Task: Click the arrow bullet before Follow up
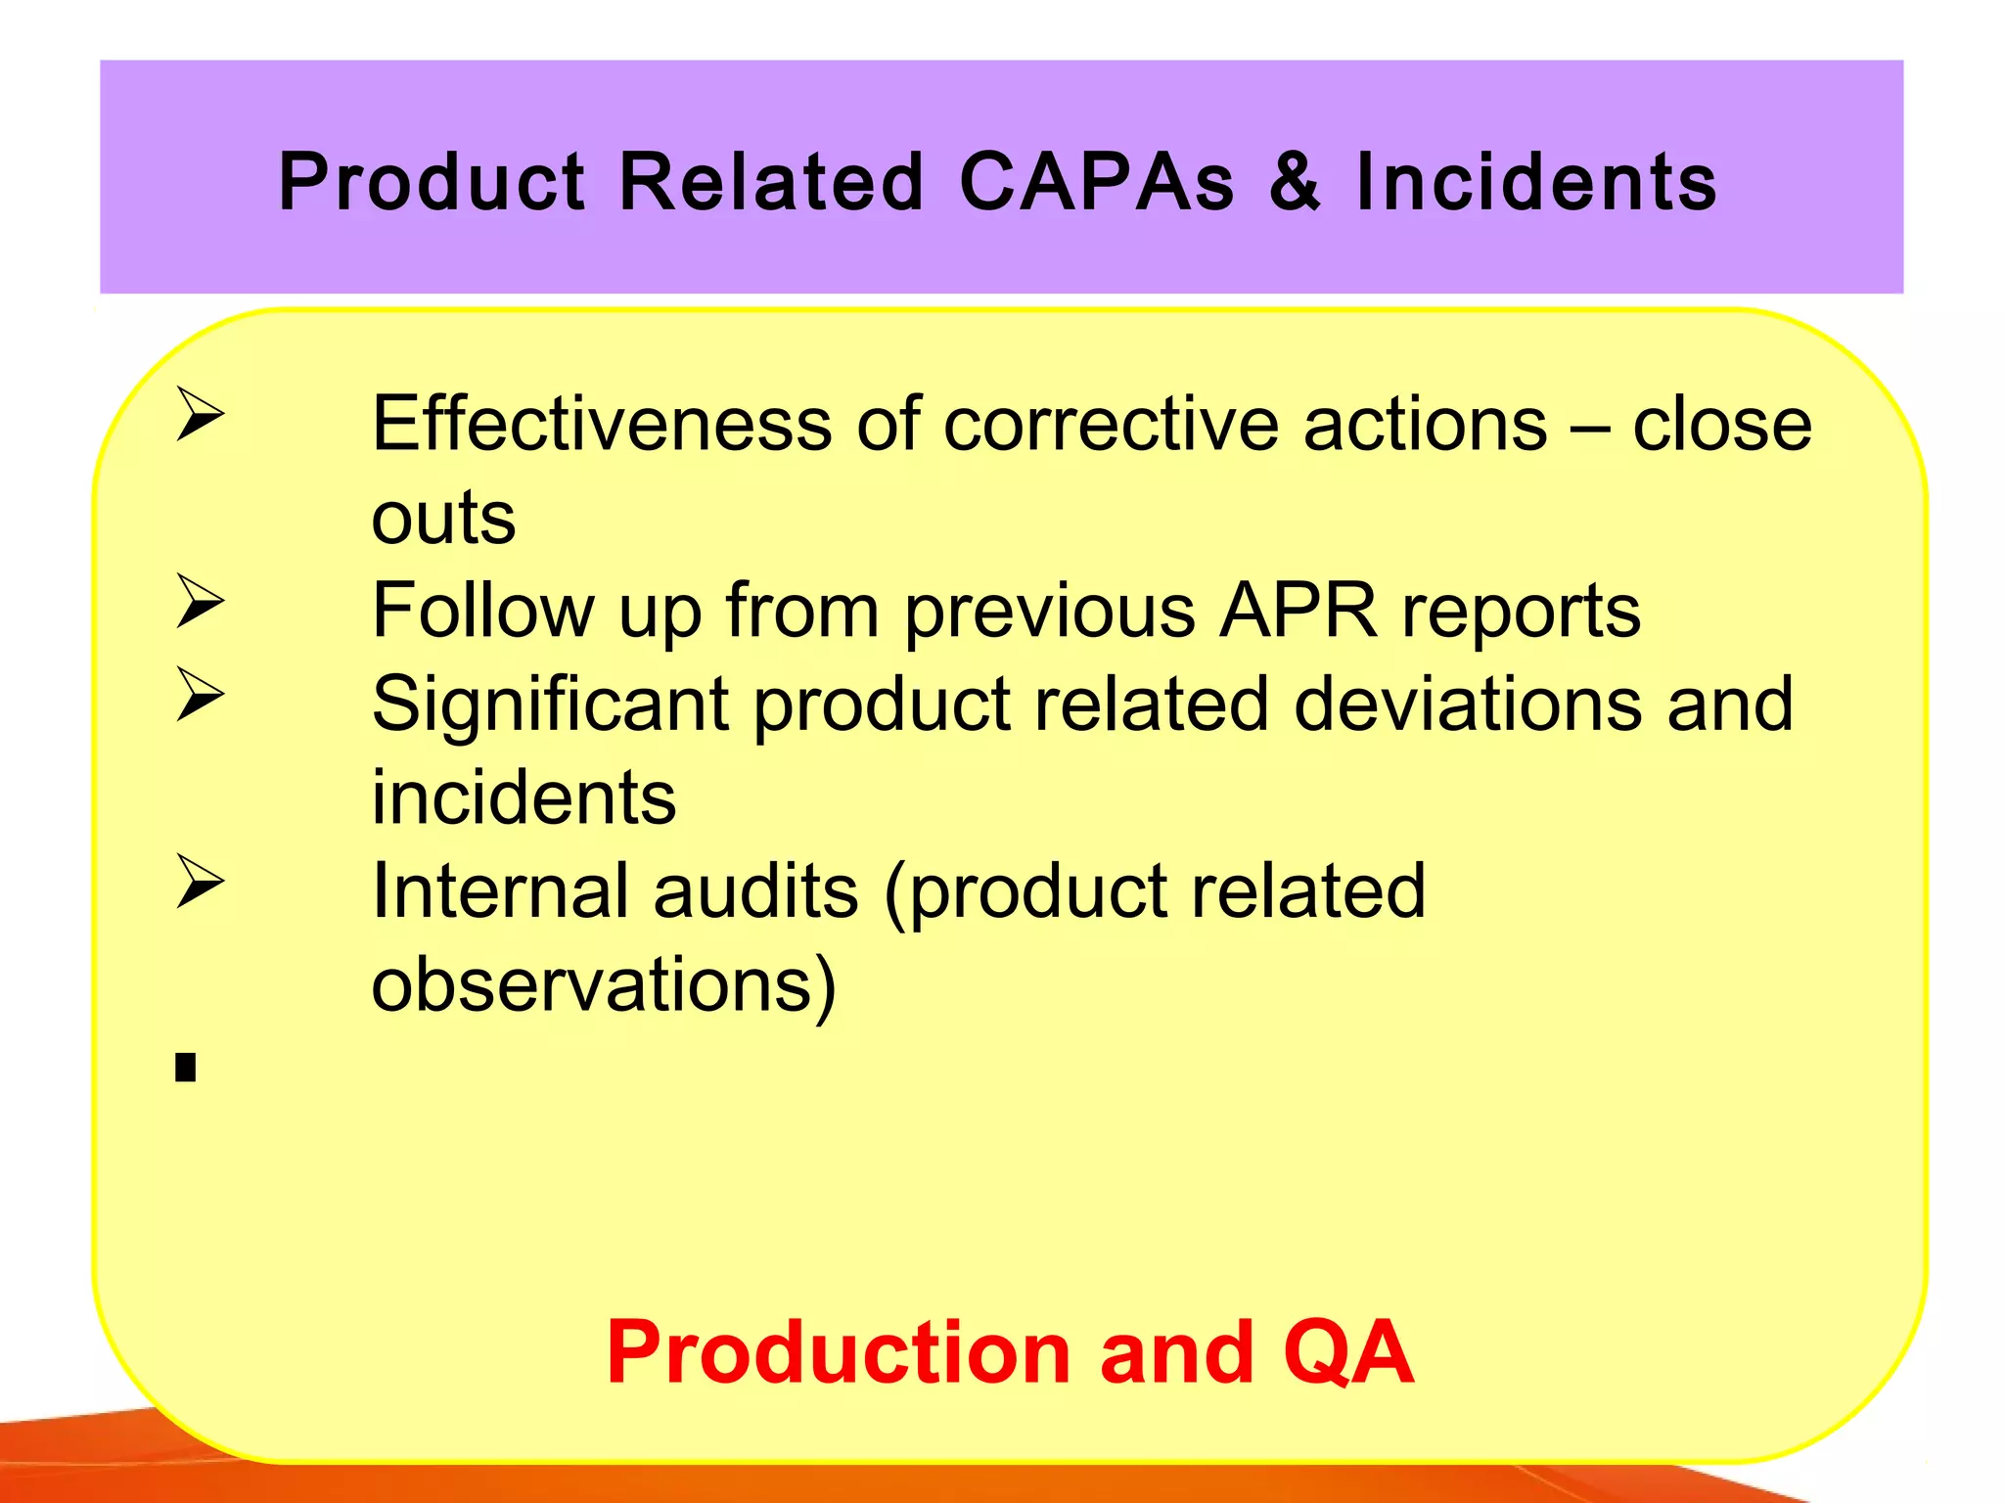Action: (201, 601)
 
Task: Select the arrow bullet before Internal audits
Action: (201, 881)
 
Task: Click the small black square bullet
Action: (186, 1067)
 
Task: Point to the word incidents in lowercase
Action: (524, 797)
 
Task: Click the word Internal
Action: (500, 890)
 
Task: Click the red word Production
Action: (838, 1352)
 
